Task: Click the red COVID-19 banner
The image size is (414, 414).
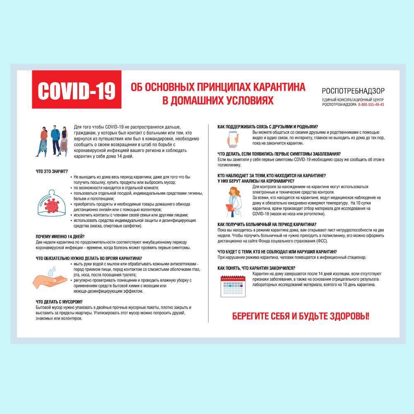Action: (x=77, y=90)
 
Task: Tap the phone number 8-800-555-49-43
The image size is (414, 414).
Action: (x=371, y=104)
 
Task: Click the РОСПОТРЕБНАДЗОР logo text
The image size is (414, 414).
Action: (x=353, y=91)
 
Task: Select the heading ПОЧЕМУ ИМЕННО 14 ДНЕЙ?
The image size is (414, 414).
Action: (x=60, y=236)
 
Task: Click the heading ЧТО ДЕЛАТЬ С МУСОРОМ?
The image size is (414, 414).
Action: (x=59, y=302)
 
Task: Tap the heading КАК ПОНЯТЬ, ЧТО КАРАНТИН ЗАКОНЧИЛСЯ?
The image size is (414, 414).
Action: (x=256, y=268)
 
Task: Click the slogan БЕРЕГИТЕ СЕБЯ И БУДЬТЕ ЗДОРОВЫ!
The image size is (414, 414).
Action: (x=301, y=317)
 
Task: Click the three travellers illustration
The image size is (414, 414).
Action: (x=51, y=140)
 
